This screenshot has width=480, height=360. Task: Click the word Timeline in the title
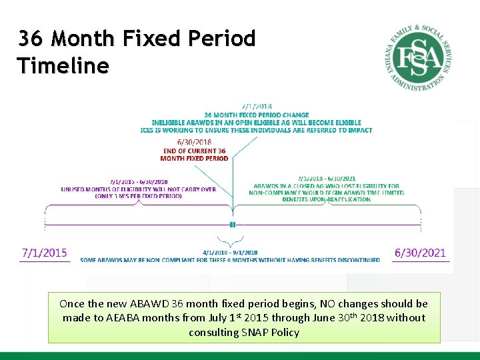click(63, 66)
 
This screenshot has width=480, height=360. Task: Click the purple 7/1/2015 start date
click(45, 253)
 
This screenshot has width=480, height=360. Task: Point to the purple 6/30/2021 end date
click(420, 253)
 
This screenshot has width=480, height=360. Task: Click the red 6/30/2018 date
click(194, 142)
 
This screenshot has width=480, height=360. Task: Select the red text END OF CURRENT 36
click(194, 151)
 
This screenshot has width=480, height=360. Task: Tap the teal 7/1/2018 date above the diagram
click(257, 106)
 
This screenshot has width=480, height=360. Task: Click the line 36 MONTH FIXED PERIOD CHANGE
click(257, 114)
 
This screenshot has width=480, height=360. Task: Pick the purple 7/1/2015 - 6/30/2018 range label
click(139, 181)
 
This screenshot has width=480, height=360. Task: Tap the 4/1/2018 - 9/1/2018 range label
click(230, 253)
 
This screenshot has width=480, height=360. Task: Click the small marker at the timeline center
click(233, 225)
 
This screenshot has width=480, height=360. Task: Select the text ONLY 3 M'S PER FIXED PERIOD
click(139, 196)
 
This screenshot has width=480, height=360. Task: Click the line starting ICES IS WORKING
click(257, 130)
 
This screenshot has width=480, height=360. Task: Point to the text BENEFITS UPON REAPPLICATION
click(326, 199)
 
